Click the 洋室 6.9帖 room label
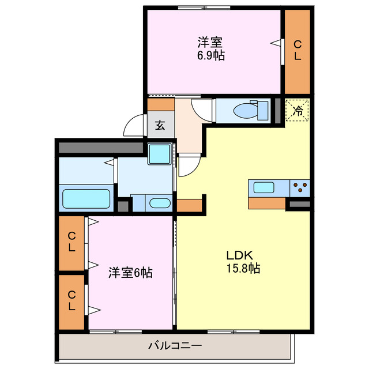click(x=211, y=48)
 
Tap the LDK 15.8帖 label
click(x=243, y=261)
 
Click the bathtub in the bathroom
click(x=86, y=199)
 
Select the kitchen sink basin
click(x=264, y=187)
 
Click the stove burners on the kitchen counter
click(x=300, y=187)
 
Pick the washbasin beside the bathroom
click(x=159, y=203)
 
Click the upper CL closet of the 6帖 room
click(x=71, y=242)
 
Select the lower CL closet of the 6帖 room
click(x=71, y=301)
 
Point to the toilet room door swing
click(x=203, y=108)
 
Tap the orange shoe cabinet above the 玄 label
click(x=161, y=104)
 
